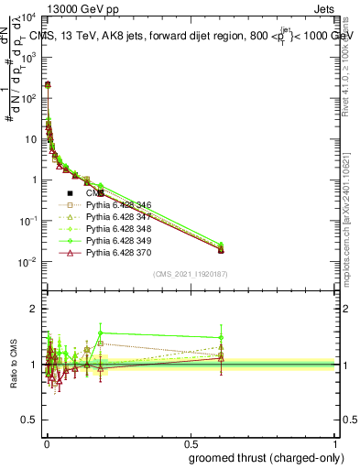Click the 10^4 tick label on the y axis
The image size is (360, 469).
(27, 16)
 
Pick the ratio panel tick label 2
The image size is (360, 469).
(33, 309)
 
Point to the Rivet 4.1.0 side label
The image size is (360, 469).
(352, 55)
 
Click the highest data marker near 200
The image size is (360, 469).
(48, 83)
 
